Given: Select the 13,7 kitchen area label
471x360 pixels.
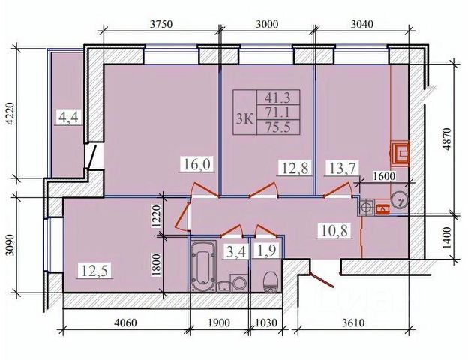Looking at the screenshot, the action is pyautogui.click(x=338, y=169).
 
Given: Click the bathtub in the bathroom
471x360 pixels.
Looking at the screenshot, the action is pyautogui.click(x=202, y=268).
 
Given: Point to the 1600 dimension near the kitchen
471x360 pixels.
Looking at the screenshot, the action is pyautogui.click(x=387, y=178).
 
